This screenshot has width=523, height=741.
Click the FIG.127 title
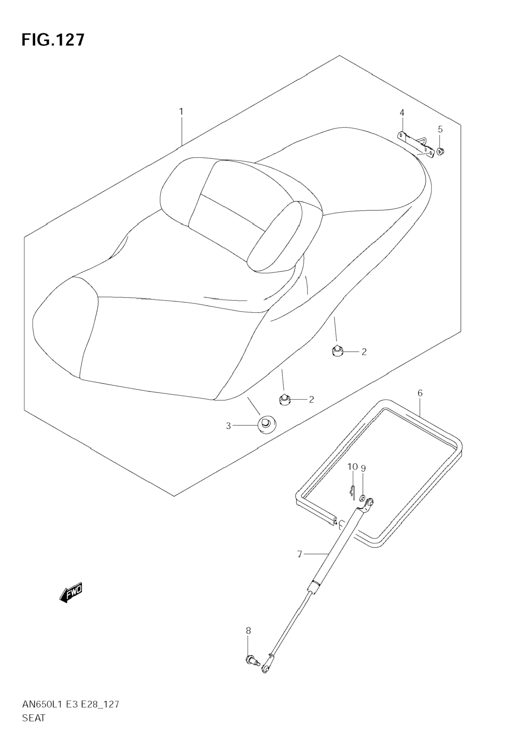click(x=53, y=40)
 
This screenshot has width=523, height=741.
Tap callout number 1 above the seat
click(x=181, y=112)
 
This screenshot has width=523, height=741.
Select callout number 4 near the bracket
click(x=402, y=113)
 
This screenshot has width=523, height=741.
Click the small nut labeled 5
click(x=440, y=150)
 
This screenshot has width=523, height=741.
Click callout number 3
click(x=228, y=426)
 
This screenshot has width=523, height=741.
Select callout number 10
click(x=353, y=467)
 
